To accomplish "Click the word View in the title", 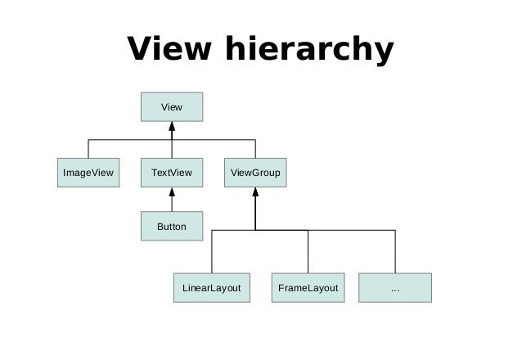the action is pyautogui.click(x=169, y=48).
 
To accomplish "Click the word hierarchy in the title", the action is pyautogui.click(x=309, y=50).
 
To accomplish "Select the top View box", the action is pyautogui.click(x=172, y=107).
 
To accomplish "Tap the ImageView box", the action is pyautogui.click(x=88, y=173).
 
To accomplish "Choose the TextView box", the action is pyautogui.click(x=172, y=173).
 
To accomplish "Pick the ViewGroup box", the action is pyautogui.click(x=255, y=173).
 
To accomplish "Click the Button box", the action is pyautogui.click(x=172, y=226).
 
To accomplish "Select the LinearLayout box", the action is pyautogui.click(x=212, y=288).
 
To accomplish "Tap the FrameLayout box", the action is pyautogui.click(x=308, y=288).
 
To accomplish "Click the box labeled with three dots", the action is pyautogui.click(x=395, y=288).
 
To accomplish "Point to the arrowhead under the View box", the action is pyautogui.click(x=172, y=126).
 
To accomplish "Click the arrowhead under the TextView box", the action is pyautogui.click(x=172, y=191).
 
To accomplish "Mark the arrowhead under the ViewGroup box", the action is pyautogui.click(x=255, y=191).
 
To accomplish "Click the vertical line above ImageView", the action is pyautogui.click(x=88, y=149).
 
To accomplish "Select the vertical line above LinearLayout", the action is pyautogui.click(x=212, y=251).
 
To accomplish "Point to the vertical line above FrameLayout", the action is pyautogui.click(x=308, y=251).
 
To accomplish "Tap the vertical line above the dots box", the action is pyautogui.click(x=395, y=251).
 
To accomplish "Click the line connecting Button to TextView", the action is pyautogui.click(x=172, y=204).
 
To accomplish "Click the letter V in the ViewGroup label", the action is pyautogui.click(x=233, y=173).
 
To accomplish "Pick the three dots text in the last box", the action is pyautogui.click(x=395, y=290).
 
